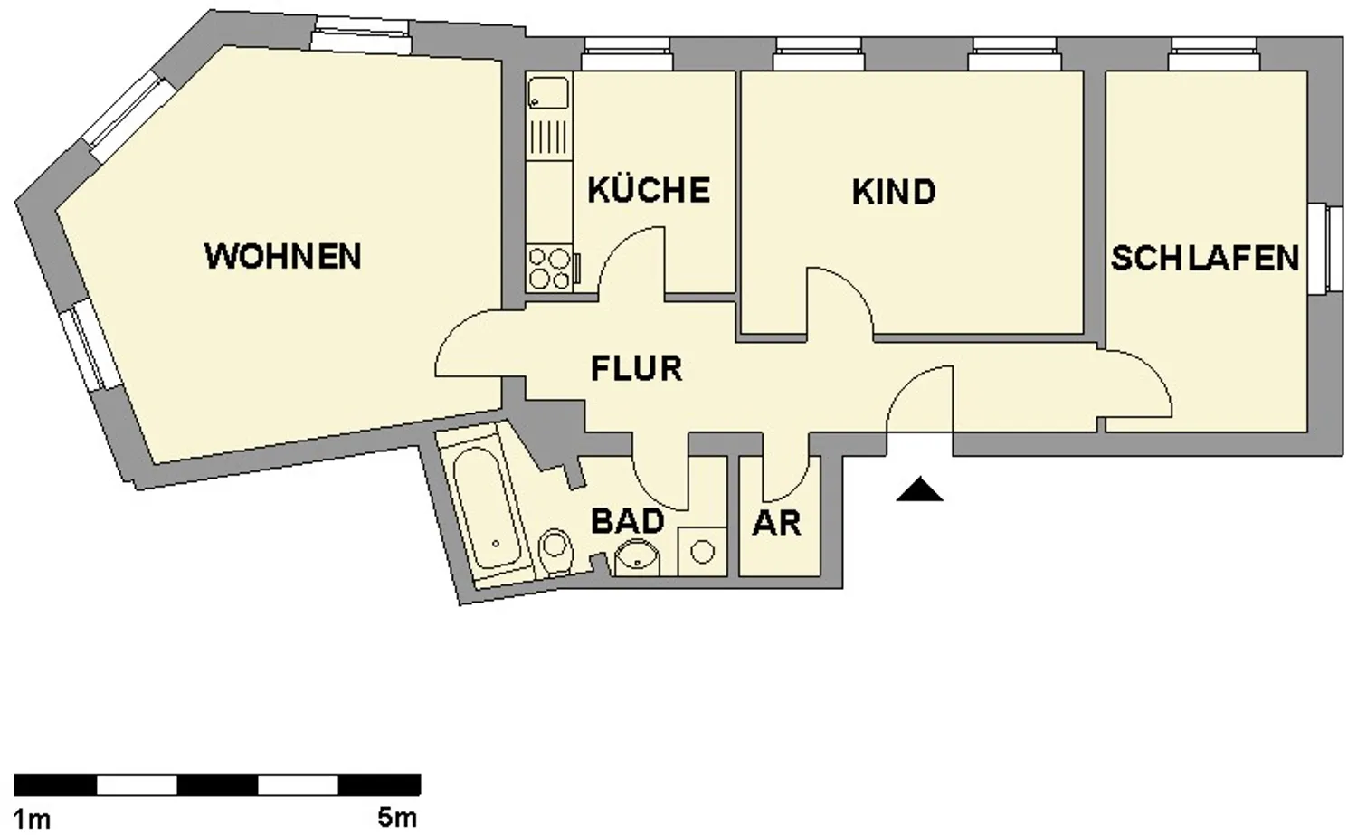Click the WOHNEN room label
(283, 256)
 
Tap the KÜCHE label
(649, 189)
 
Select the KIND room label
(894, 192)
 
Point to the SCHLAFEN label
(1204, 258)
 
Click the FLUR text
(637, 368)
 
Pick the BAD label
(628, 521)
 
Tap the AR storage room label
(776, 524)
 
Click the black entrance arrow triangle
(920, 489)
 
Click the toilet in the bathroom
(555, 552)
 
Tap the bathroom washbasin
(637, 557)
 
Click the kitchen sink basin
(548, 93)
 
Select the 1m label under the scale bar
(32, 820)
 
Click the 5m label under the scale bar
(397, 818)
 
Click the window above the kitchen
(628, 54)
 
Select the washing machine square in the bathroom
(702, 552)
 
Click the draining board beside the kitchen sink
(549, 137)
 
